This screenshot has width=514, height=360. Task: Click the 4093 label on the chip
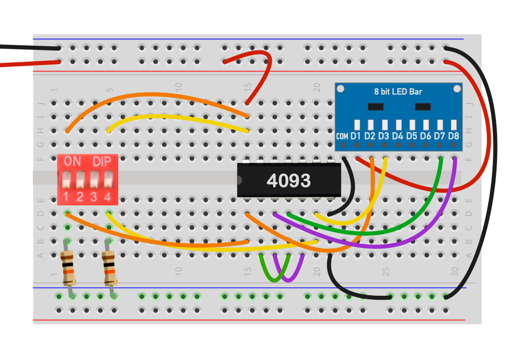coord(288,180)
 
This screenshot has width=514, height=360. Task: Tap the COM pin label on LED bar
coord(342,136)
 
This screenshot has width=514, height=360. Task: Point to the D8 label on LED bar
coord(453,136)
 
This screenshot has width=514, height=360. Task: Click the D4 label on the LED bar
coord(397,136)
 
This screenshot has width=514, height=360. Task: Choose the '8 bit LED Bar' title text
coord(398,92)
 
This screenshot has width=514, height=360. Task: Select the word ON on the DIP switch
coord(72,161)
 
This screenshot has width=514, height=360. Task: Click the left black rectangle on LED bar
coord(376,106)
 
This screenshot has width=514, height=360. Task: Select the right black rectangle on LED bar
coord(423,106)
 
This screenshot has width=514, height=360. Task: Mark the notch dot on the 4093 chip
coord(240,180)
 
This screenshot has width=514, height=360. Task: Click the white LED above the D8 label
coord(453,124)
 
